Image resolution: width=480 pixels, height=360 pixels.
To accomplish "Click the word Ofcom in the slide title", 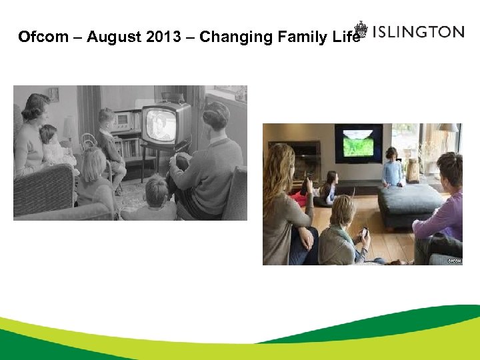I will tap(43, 37).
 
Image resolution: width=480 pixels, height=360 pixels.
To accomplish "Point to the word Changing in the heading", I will tap(233, 37).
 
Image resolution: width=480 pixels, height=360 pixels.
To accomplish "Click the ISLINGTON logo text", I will tap(418, 31).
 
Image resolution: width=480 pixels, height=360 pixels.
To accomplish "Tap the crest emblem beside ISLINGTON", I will tap(361, 29).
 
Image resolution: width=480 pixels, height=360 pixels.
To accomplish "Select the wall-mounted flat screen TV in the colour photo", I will tap(358, 143).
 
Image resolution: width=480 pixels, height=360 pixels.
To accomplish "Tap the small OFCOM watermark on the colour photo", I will tap(454, 261).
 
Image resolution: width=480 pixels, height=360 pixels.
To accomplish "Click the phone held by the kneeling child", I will tap(364, 233).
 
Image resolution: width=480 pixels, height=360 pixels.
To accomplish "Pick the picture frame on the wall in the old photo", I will tap(53, 94).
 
